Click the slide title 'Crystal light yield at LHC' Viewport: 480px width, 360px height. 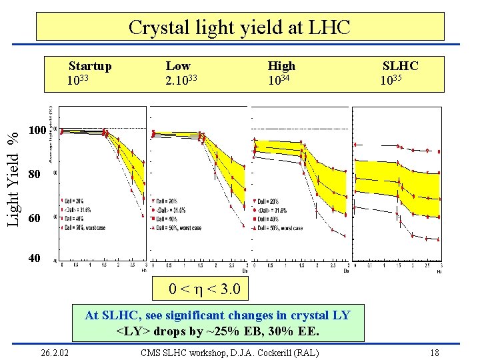pos(239,27)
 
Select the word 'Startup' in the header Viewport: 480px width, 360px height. pos(90,66)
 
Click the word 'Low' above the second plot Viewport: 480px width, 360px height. pos(178,66)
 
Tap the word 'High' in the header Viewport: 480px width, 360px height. pos(281,66)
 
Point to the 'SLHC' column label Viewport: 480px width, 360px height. pos(400,66)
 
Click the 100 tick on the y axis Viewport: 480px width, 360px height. pos(37,130)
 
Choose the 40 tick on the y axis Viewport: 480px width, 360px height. pos(34,258)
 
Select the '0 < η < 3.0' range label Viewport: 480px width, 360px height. pos(206,290)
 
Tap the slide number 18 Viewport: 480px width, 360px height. pos(434,352)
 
